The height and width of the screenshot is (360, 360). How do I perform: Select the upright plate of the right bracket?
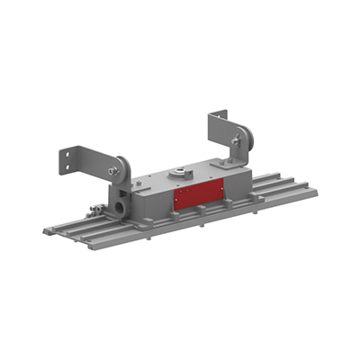pyautogui.click(x=216, y=130)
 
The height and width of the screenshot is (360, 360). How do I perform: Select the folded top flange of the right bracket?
pyautogui.click(x=219, y=114)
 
